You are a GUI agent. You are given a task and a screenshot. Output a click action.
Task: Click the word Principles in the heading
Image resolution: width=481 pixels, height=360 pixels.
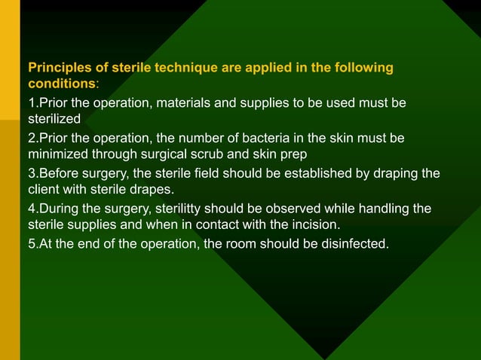pos(59,69)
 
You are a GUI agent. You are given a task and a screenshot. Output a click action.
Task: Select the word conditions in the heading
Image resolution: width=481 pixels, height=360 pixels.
pos(60,82)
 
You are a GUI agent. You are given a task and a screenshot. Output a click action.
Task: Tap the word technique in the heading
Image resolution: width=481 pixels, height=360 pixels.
pos(185,69)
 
